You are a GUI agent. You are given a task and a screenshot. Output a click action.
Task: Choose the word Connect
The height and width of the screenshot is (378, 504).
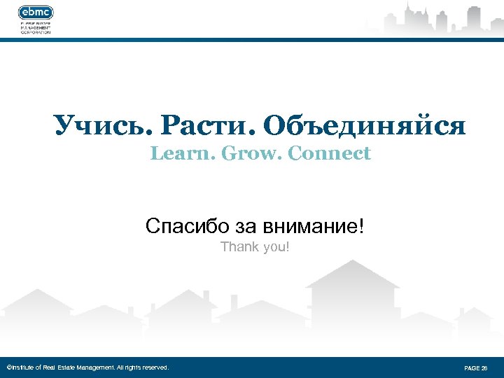pyautogui.click(x=329, y=153)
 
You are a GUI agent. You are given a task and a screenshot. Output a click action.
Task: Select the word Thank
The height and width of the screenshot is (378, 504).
pyautogui.click(x=237, y=247)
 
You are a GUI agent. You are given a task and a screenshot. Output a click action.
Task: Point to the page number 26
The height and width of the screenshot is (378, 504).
pyautogui.click(x=482, y=367)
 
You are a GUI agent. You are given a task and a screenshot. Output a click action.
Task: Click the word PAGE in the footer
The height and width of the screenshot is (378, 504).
pyautogui.click(x=471, y=367)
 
